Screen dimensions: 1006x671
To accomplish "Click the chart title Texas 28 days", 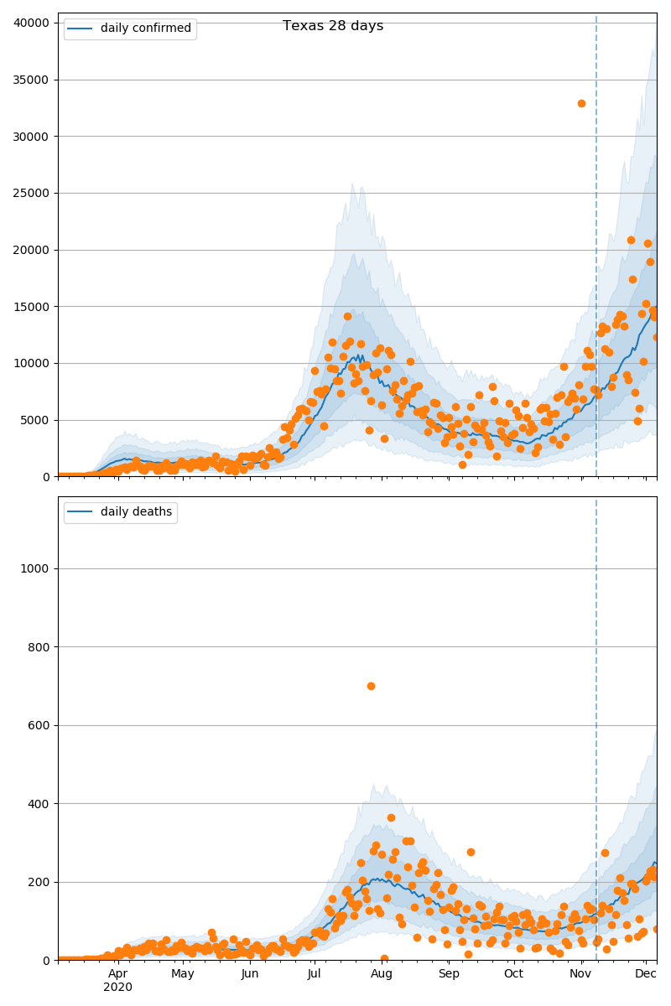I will (333, 26).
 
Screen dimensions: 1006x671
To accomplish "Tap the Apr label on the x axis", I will (118, 973).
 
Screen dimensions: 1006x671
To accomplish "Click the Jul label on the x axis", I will (314, 973).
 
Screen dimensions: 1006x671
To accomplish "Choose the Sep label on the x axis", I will (449, 973).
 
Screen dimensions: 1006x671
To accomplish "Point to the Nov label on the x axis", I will (581, 973).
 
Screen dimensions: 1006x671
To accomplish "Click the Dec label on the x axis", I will (645, 973).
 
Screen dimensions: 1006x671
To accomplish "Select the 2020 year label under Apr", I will (118, 987).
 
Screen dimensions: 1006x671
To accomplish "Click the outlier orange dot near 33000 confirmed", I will (581, 103).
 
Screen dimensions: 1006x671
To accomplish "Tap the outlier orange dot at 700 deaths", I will (371, 686).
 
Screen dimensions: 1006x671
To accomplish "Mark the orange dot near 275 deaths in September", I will (471, 852).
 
